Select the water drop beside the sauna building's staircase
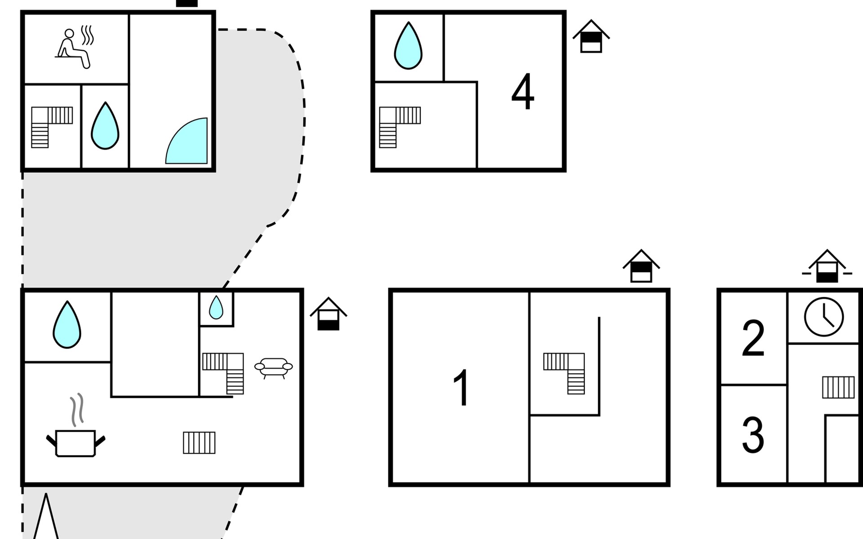[105, 126]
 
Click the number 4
[523, 92]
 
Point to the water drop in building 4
[408, 46]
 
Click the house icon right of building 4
[591, 37]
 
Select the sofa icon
[273, 367]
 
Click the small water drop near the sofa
[216, 308]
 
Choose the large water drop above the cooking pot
[67, 325]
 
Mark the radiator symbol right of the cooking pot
[199, 442]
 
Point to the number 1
[461, 387]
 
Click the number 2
[753, 338]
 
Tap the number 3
[753, 434]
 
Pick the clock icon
[823, 317]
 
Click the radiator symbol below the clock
[838, 387]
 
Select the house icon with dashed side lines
[827, 267]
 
